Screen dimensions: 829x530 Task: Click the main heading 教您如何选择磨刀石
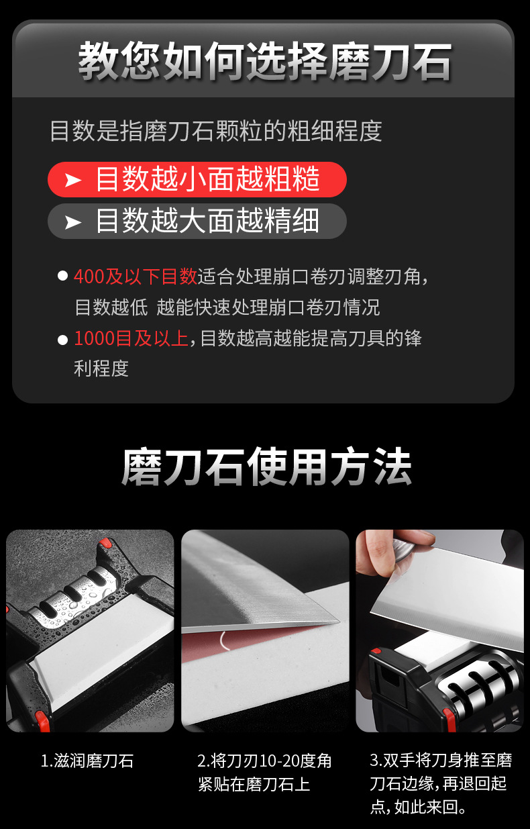point(265,61)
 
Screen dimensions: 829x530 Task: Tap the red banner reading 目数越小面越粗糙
point(197,179)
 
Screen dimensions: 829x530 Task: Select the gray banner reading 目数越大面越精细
point(197,221)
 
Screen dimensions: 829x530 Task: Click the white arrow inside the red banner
point(72,180)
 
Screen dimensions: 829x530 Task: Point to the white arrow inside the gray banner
point(72,222)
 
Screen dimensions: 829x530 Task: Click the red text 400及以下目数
point(135,276)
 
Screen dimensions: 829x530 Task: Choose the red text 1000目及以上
point(131,338)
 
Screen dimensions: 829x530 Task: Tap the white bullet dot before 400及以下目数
point(62,277)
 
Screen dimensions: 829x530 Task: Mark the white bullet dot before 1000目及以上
point(62,339)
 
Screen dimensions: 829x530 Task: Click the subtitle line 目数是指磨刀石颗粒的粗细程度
point(215,130)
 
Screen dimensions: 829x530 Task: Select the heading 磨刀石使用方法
point(266,467)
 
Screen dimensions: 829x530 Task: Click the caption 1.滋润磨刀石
point(87,761)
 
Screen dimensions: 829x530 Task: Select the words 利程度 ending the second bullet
point(101,369)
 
